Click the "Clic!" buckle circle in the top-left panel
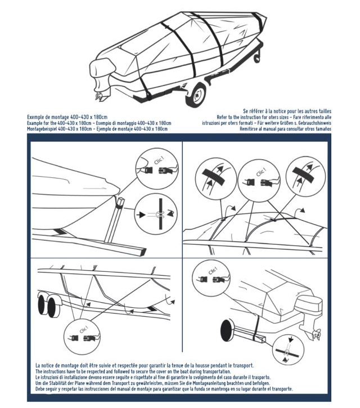point(152,167)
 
